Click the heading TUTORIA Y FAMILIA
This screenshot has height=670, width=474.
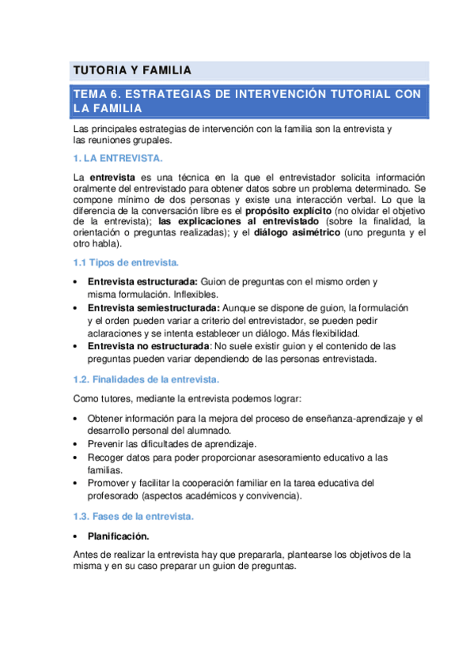point(132,71)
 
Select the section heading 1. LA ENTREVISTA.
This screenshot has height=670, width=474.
point(117,158)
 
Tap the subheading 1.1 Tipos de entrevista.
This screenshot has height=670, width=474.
point(126,262)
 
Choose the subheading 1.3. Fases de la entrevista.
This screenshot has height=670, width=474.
point(133,517)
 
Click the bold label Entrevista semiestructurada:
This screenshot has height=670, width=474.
point(154,307)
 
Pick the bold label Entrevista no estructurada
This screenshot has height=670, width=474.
point(148,346)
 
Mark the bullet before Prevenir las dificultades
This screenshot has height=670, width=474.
point(75,444)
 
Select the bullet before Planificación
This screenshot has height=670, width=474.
point(75,536)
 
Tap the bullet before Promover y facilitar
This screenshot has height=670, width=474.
point(75,483)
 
